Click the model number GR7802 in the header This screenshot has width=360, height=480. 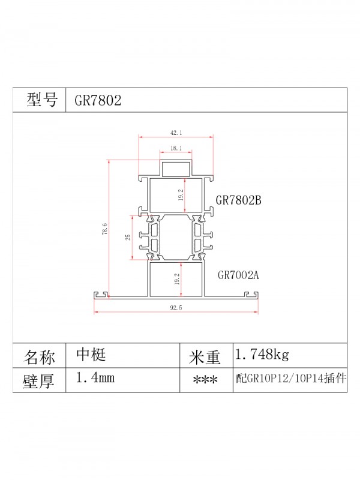[98, 100]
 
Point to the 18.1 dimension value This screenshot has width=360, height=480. [176, 148]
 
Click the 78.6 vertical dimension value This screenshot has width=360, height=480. [104, 229]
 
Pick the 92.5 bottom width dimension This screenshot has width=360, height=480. [176, 308]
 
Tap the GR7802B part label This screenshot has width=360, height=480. [239, 200]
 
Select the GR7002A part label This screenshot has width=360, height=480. [238, 276]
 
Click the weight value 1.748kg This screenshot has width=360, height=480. [262, 355]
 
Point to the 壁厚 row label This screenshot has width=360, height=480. [40, 380]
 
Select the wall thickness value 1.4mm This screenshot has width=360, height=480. [95, 378]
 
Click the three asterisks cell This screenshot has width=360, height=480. [205, 381]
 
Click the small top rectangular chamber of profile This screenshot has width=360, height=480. [176, 169]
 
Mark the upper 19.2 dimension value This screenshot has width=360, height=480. [181, 195]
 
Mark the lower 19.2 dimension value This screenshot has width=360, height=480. [181, 280]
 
